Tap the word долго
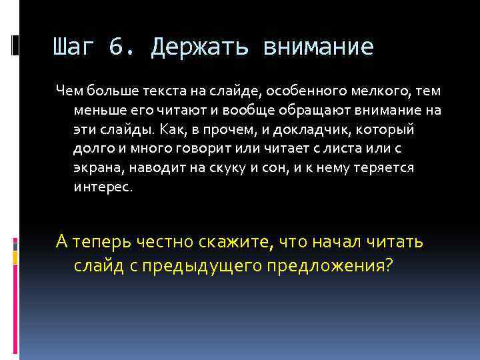click(x=90, y=149)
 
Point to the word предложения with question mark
click(x=330, y=266)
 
